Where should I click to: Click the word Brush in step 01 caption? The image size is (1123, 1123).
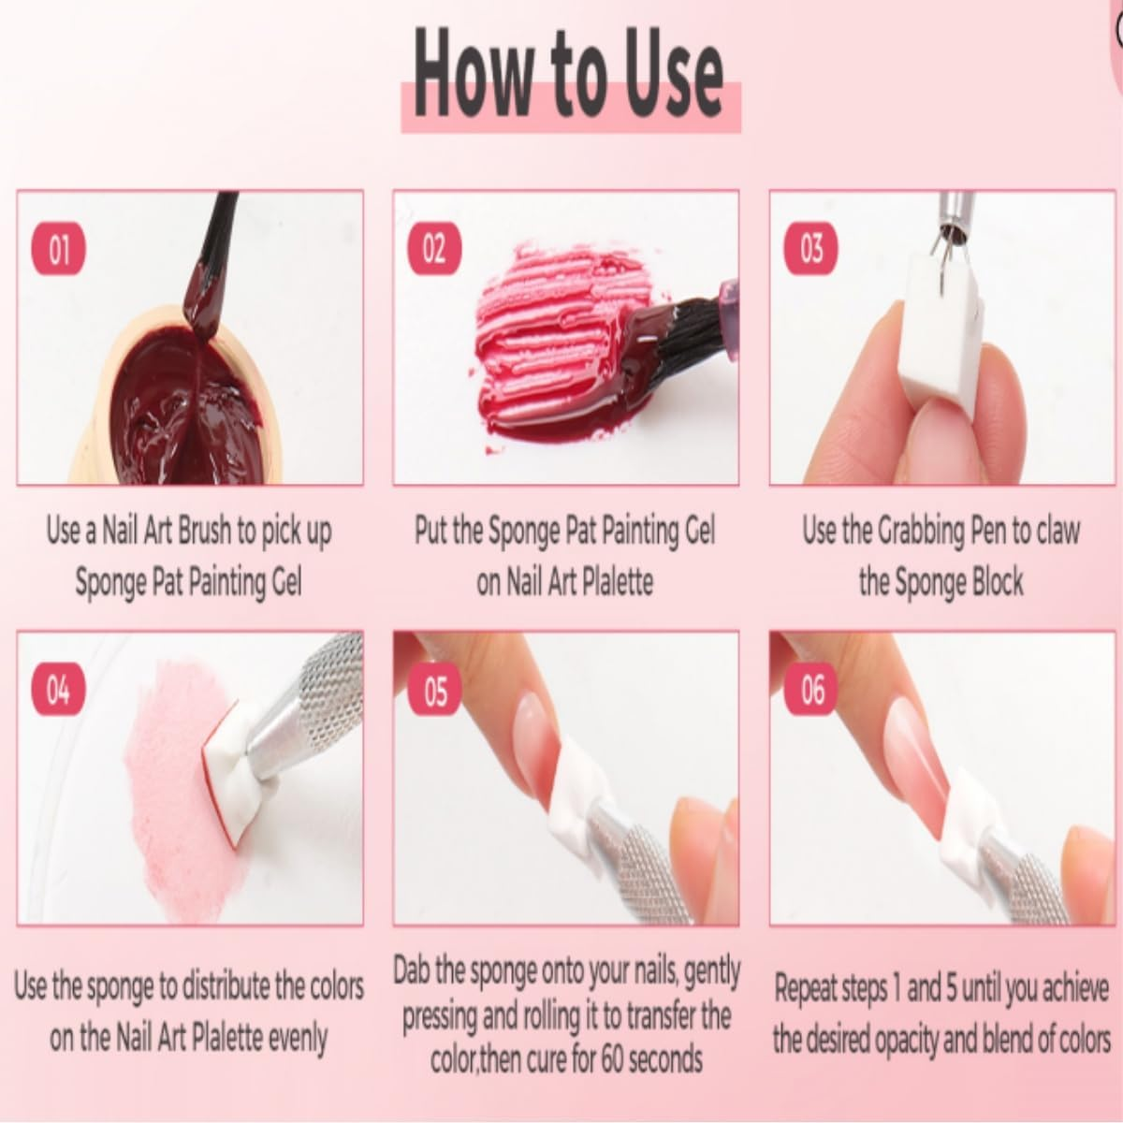click(x=205, y=531)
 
